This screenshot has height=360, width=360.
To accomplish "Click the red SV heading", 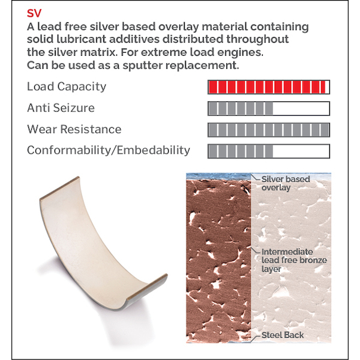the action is coord(34,13).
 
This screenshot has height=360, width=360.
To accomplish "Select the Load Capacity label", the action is coord(67,87).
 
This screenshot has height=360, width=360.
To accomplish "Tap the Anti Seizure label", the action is coord(61,108).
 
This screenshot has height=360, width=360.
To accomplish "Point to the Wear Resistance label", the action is coord(74,129).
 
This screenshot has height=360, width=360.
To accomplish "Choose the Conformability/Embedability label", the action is coord(109,151).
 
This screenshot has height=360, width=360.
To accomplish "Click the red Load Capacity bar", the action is coord(269,87).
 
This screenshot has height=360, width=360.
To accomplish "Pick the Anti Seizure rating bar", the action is coord(269,109).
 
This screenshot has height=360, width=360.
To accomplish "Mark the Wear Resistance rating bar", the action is coord(269,130).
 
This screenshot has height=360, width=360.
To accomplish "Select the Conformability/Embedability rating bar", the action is coord(269,151).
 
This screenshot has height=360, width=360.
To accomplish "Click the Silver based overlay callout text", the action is coord(286,184).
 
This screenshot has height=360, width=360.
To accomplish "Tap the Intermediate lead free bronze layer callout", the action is coord(294,260).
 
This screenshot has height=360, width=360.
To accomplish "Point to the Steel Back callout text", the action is coord(283,335).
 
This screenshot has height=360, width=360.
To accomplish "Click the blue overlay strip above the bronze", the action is coord(218,176).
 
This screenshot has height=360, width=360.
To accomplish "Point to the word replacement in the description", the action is coord(202,66).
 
